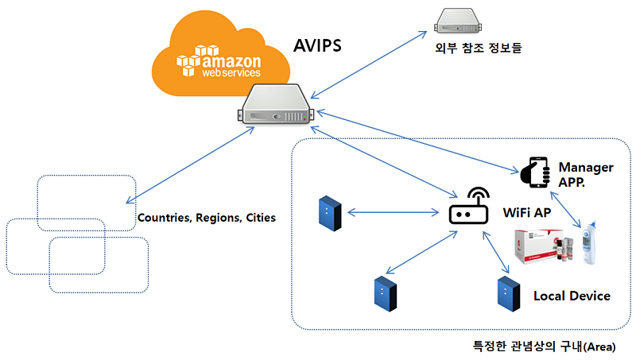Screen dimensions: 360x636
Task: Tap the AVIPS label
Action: coord(318,45)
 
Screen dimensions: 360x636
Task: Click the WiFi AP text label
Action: coord(526,213)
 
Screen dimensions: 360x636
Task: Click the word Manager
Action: coord(586,167)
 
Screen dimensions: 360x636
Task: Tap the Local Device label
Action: coord(572,296)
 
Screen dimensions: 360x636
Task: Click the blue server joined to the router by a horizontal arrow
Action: coord(329,213)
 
